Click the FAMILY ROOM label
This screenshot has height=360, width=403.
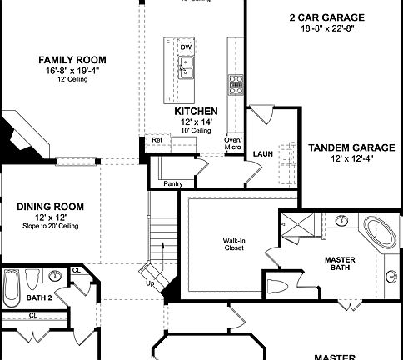click(x=62, y=60)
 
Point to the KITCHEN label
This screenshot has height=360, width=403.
click(x=196, y=111)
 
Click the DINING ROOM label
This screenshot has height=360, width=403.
click(x=51, y=207)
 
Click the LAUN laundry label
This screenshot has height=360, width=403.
click(x=263, y=154)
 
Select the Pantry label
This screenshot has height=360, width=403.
click(x=173, y=182)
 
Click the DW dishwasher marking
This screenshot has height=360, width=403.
click(x=185, y=47)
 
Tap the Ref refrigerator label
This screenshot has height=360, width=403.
click(x=157, y=139)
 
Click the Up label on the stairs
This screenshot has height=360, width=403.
click(x=150, y=283)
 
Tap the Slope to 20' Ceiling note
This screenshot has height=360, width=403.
click(x=51, y=226)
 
